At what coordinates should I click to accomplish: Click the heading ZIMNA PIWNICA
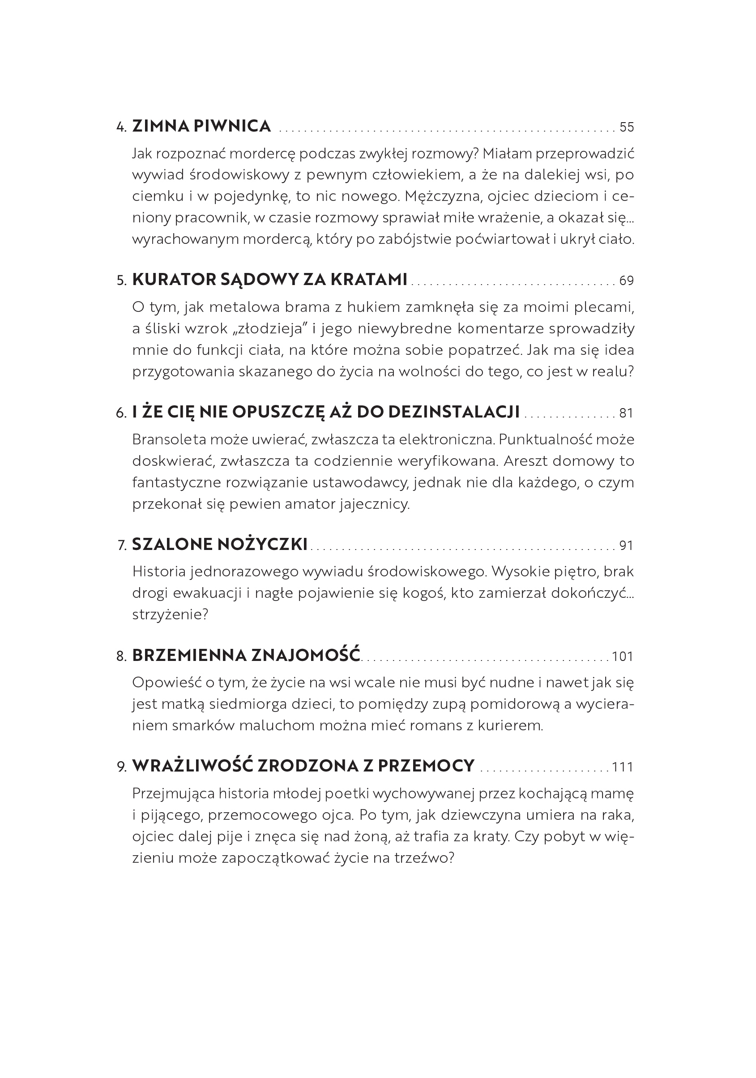201,126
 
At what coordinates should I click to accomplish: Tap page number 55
626,127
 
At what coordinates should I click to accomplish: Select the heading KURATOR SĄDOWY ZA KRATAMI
269,280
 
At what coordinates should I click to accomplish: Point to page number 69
626,281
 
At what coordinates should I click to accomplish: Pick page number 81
626,413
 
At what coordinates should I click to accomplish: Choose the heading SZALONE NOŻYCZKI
220,545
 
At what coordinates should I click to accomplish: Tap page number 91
626,545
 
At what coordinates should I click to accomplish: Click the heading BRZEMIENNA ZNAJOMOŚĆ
246,656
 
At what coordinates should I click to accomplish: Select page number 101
623,656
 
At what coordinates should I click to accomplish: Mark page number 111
623,767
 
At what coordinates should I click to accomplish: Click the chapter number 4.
121,127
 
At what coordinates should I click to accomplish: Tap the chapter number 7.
122,545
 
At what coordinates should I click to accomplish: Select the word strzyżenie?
170,614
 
